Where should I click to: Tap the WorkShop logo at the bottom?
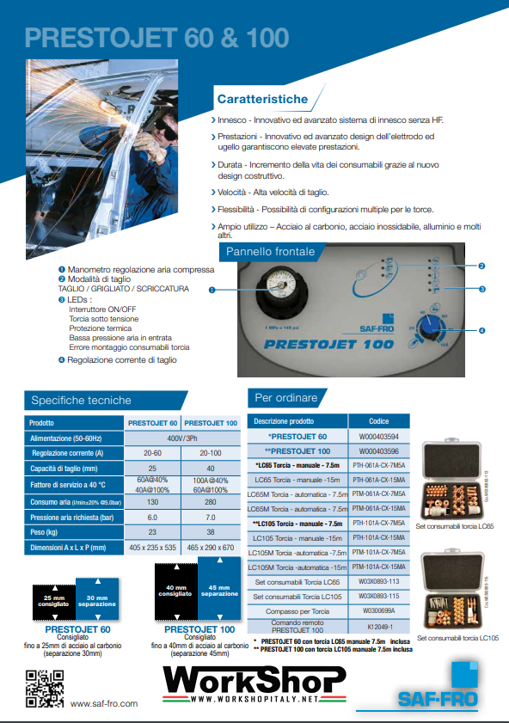254,684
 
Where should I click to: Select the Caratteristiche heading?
256,100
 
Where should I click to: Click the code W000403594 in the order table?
379,437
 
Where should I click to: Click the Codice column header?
379,421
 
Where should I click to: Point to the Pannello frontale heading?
270,252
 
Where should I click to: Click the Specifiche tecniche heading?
81,400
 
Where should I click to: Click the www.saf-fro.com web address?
103,703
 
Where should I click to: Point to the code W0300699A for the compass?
379,610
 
